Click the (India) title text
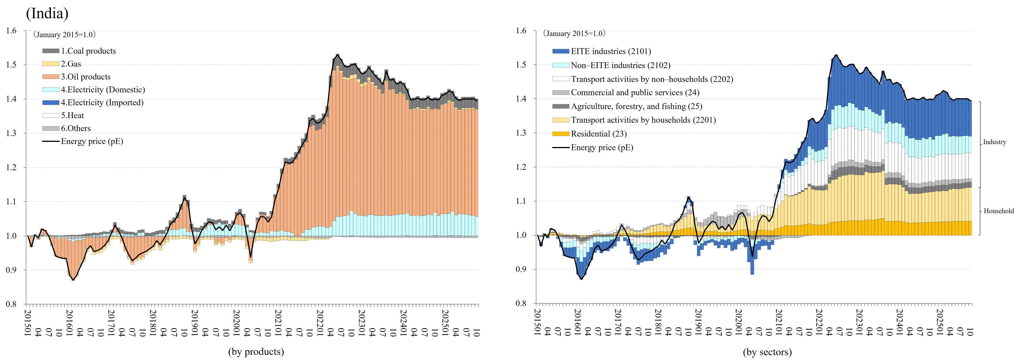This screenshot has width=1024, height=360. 47,13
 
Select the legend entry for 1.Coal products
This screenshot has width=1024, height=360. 88,51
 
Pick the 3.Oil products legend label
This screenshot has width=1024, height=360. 85,77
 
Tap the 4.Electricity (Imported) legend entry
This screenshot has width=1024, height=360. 102,102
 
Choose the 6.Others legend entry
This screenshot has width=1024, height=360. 76,128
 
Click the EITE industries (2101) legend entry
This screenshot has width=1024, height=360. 611,51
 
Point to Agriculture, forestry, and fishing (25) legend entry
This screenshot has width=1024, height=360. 636,106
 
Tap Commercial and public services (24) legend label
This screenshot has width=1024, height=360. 635,93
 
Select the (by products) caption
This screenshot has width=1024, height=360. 256,352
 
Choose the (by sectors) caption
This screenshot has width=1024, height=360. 767,352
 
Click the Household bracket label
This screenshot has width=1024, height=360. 999,211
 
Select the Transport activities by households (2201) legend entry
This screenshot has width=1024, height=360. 643,120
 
